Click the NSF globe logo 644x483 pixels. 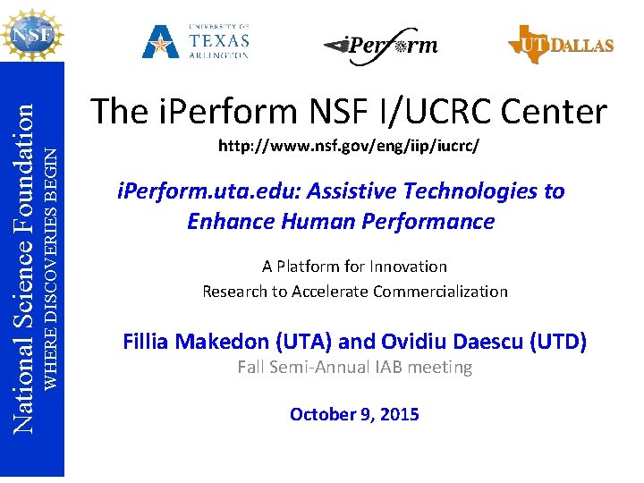(32, 35)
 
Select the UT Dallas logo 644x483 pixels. (560, 44)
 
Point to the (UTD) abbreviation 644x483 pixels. (555, 341)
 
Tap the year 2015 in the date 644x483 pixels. (399, 414)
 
